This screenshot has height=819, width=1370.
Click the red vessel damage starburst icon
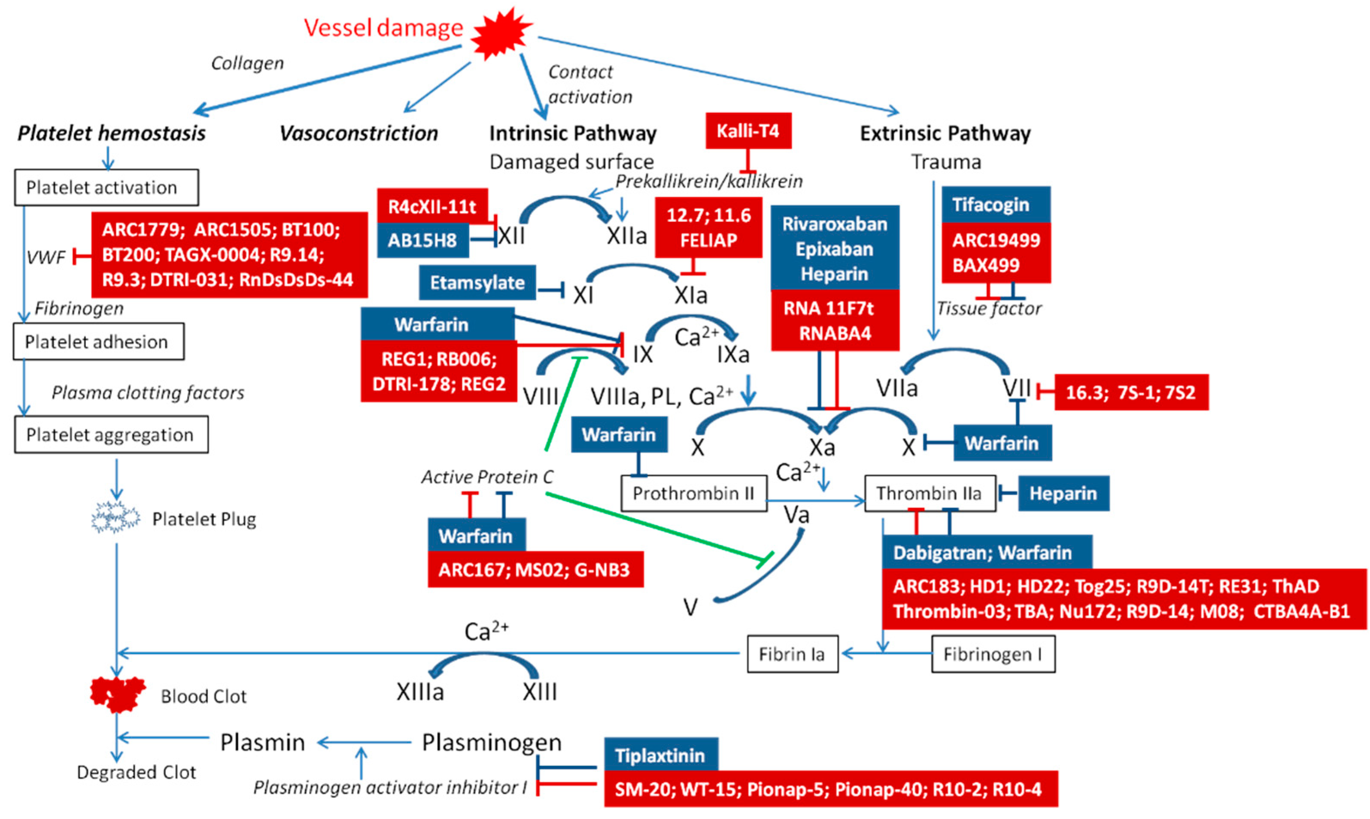(501, 33)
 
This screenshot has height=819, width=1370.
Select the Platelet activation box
(106, 187)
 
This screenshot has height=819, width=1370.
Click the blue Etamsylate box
(477, 283)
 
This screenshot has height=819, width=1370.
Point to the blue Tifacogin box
(995, 205)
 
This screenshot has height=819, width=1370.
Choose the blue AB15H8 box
(422, 241)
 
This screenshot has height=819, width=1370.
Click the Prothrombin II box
(693, 493)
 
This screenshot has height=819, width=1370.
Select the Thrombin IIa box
(930, 493)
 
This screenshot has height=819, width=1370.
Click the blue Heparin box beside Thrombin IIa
(1063, 493)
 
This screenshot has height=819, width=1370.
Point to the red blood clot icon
(118, 694)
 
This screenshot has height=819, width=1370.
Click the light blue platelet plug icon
(115, 518)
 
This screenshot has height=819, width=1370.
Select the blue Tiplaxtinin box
(660, 755)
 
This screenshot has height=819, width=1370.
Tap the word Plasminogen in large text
(492, 743)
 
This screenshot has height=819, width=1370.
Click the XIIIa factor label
(419, 692)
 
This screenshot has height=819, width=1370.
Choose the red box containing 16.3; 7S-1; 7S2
(1130, 393)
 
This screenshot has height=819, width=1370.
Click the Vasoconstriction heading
(358, 133)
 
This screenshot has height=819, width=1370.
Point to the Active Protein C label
(487, 477)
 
